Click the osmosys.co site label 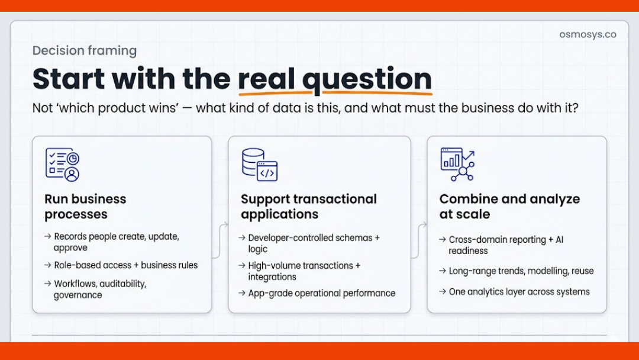tap(588, 34)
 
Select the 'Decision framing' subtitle tap(85, 51)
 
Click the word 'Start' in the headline tap(69, 79)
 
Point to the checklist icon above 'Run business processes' tap(62, 164)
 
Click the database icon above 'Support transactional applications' tap(259, 164)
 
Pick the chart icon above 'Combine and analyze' tap(457, 164)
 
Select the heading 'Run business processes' tap(85, 207)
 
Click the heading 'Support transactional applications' tap(308, 207)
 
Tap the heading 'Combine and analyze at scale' tap(509, 207)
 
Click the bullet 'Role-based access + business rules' tap(125, 265)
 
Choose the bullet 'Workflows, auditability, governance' tap(99, 290)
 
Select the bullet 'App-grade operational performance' tap(321, 293)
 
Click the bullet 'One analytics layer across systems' tap(519, 291)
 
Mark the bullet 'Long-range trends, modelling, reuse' tap(521, 271)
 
